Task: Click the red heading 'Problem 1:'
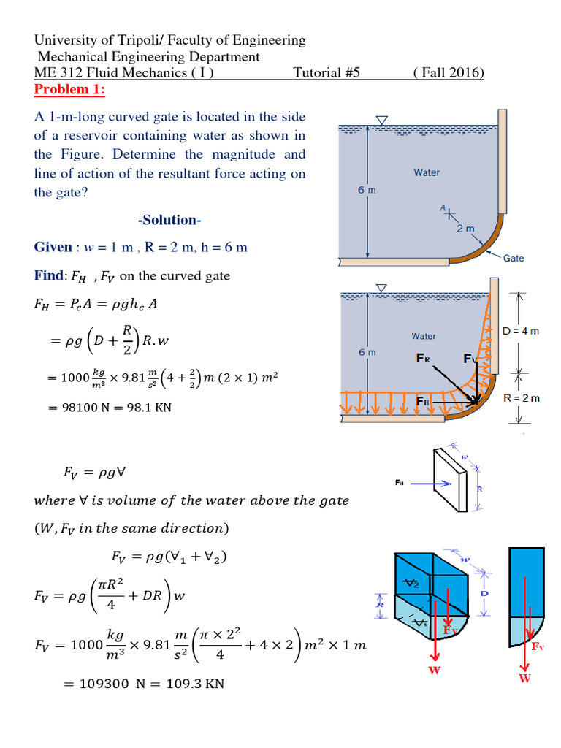(69, 89)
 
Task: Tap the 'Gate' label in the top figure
(514, 258)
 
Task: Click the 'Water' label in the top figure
(427, 172)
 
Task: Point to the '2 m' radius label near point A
(466, 229)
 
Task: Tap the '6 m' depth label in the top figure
(367, 190)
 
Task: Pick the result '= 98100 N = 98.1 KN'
(109, 407)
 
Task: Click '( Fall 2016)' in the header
(448, 73)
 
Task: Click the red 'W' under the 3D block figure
(435, 671)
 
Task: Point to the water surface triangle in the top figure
(380, 121)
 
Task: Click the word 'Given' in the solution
(55, 247)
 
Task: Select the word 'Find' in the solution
(48, 275)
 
